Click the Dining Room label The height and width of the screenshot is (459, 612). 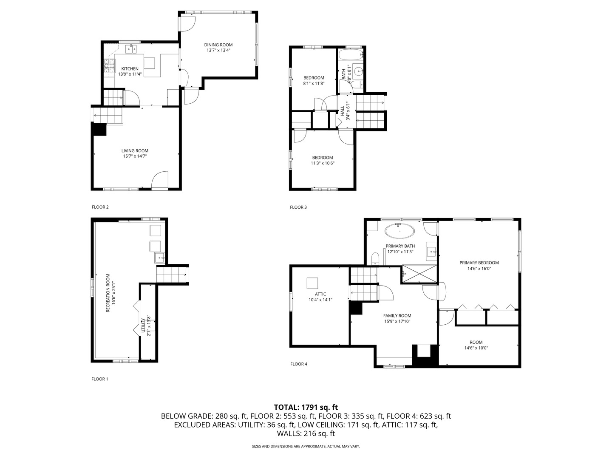pos(218,45)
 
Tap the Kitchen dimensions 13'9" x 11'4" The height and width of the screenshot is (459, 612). pos(130,74)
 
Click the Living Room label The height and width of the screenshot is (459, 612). pos(135,150)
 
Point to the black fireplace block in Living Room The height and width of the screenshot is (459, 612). pos(99,129)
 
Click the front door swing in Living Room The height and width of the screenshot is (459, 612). pos(160,180)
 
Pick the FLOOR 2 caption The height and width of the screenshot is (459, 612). pos(100,207)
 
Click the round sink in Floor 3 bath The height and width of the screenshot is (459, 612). pos(358,71)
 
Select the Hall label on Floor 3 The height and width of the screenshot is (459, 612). pos(342,110)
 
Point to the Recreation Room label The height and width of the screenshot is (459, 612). pos(108,293)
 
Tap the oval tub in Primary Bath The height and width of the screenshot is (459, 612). pos(400,232)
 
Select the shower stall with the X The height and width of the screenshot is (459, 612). pos(419,274)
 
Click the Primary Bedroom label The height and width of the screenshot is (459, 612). pos(479,263)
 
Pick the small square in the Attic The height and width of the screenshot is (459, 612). pos(312,283)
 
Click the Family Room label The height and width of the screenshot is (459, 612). pos(397,315)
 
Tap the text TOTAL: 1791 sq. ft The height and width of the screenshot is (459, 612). pos(306,407)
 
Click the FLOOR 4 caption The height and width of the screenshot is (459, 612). pos(298,364)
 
